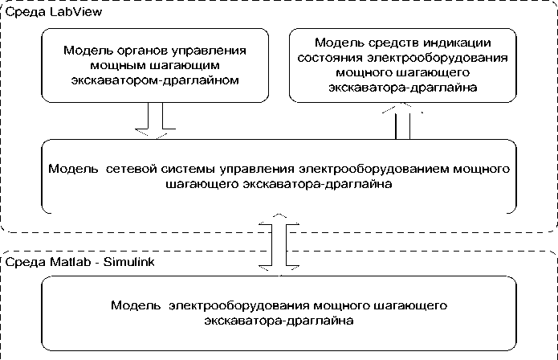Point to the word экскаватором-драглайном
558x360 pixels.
tap(153, 80)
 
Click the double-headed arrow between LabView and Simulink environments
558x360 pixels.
tap(277, 241)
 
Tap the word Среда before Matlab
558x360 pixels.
tap(22, 263)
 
